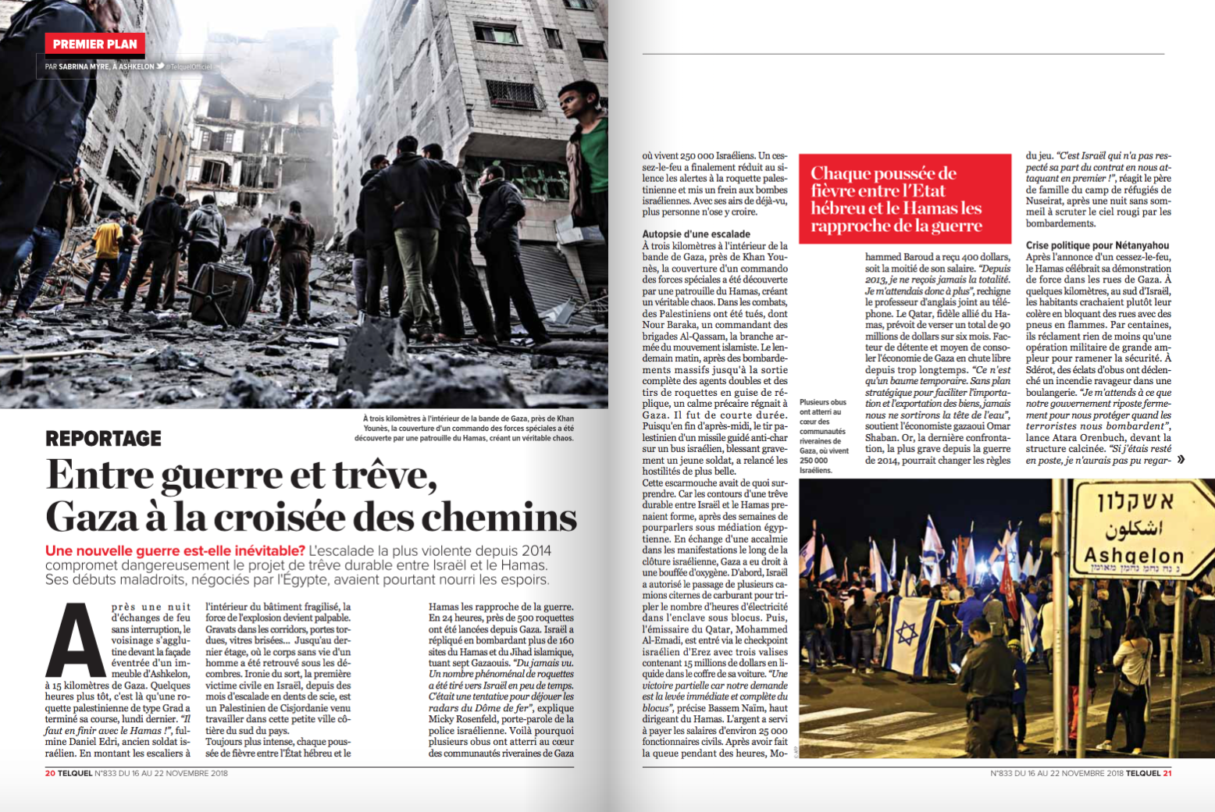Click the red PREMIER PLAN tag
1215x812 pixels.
[94, 45]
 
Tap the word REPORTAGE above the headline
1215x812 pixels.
[103, 439]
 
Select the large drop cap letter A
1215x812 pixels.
[76, 642]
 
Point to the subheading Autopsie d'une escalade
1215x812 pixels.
[696, 233]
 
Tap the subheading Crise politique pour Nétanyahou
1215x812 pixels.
[1097, 245]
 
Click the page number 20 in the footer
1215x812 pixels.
[50, 773]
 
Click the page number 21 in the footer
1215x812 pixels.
[1167, 773]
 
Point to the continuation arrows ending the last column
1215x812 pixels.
[1181, 459]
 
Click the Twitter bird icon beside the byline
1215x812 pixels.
[160, 67]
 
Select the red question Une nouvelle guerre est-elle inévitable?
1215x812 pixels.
[175, 551]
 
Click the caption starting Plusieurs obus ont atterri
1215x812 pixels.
[823, 436]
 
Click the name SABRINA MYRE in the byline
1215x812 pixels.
[84, 67]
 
